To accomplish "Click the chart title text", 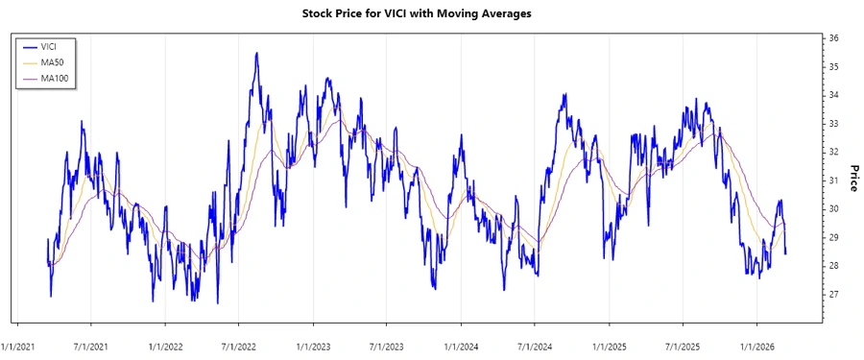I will pos(430,13).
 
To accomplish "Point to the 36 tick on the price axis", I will pos(834,38).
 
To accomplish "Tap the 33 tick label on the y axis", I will pos(834,124).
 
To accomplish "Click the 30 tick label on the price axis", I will pos(834,209).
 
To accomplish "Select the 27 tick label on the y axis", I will pos(834,294).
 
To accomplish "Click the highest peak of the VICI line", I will pos(256,54).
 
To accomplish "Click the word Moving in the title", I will pos(480,13).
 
